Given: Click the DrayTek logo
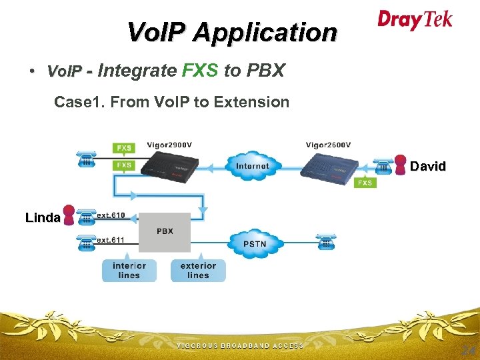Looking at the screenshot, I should click(415, 19).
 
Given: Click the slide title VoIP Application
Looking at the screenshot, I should click(232, 32).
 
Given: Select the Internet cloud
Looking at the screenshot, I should click(252, 165).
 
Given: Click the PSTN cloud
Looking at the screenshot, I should click(254, 243).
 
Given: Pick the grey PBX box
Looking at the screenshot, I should click(165, 231).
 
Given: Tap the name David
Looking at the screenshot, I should click(427, 166).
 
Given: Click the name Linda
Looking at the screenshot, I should click(43, 217).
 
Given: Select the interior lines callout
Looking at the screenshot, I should click(129, 270).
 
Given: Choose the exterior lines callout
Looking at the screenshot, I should click(198, 270).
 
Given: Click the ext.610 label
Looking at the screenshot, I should click(111, 215).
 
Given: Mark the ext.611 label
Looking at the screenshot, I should click(111, 239).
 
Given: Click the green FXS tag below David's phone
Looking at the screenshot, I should click(365, 183).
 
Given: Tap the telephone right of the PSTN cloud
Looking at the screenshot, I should click(326, 242).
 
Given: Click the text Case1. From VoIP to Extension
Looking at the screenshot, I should click(171, 102).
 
